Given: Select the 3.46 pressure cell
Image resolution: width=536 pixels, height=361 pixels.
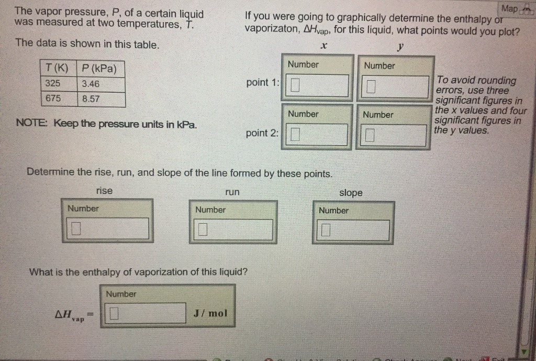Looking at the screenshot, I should pyautogui.click(x=100, y=84).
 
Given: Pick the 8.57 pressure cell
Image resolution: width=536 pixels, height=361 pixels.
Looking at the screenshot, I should pyautogui.click(x=100, y=99).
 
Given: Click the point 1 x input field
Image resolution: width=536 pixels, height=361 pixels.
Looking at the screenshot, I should pyautogui.click(x=317, y=85).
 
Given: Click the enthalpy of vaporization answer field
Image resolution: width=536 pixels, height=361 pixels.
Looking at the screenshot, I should pyautogui.click(x=147, y=314).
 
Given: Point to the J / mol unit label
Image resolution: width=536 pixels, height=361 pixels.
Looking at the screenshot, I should pyautogui.click(x=210, y=313).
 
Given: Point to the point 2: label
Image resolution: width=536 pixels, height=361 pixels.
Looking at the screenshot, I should pyautogui.click(x=263, y=133).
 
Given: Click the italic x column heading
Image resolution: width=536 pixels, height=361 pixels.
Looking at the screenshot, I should pyautogui.click(x=324, y=47).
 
